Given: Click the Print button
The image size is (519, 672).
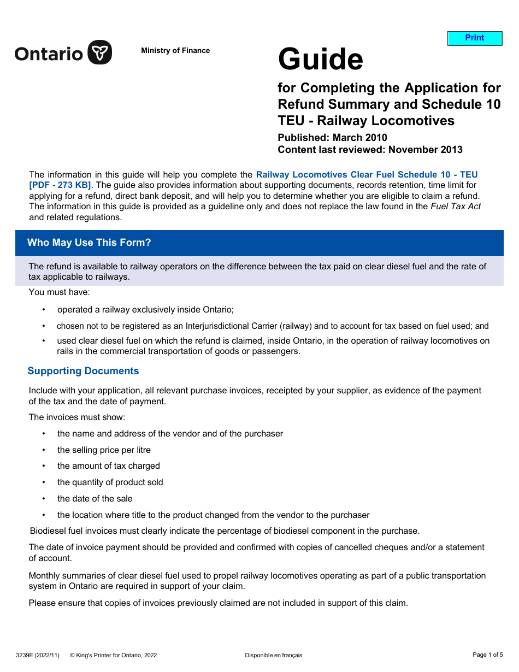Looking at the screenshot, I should pyautogui.click(x=474, y=38).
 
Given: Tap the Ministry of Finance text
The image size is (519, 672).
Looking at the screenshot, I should pyautogui.click(x=175, y=51).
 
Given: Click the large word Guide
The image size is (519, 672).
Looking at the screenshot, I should pyautogui.click(x=320, y=59).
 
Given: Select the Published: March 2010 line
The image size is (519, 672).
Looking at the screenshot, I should pyautogui.click(x=332, y=138).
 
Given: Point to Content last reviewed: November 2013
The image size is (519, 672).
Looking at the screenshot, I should pyautogui.click(x=370, y=150).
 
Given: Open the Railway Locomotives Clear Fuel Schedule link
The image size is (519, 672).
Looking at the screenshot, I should pyautogui.click(x=367, y=175).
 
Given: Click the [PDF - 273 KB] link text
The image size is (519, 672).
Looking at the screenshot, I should pyautogui.click(x=60, y=185).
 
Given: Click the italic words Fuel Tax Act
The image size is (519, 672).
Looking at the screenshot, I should pyautogui.click(x=456, y=207).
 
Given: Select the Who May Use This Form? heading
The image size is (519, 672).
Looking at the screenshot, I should pyautogui.click(x=89, y=243).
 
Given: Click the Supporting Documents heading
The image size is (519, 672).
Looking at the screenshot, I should pyautogui.click(x=83, y=371).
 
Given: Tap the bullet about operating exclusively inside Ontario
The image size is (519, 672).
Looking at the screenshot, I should pyautogui.click(x=145, y=310).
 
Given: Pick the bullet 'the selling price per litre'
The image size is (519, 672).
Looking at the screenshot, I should pyautogui.click(x=104, y=450).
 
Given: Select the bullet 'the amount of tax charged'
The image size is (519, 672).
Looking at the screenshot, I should pyautogui.click(x=108, y=466).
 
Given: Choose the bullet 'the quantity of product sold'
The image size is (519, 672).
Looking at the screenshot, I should pyautogui.click(x=110, y=482).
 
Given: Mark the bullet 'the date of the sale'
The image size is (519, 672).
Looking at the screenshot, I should pyautogui.click(x=95, y=499).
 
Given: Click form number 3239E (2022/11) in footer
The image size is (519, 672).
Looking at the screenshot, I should pyautogui.click(x=38, y=655).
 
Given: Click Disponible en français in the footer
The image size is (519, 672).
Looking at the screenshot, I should pyautogui.click(x=273, y=655).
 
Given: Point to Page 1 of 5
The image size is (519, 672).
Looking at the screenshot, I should pyautogui.click(x=487, y=655).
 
